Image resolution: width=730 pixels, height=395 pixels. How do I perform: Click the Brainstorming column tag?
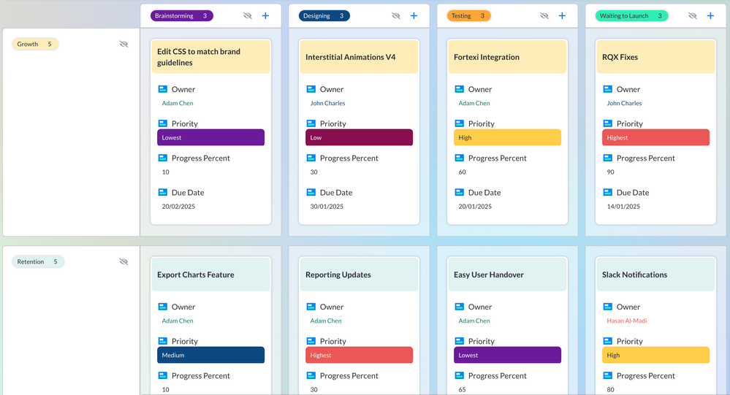point(181,15)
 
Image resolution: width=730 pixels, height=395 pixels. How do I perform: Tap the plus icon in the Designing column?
point(414,15)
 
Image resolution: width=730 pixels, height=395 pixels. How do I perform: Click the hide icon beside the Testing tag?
point(544,15)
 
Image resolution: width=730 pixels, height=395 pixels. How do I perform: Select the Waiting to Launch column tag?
point(631,15)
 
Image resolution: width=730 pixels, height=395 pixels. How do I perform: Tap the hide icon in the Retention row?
point(123,261)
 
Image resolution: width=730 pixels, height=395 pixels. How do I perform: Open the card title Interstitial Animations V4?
point(351,57)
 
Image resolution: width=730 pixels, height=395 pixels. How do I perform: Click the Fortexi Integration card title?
point(487,57)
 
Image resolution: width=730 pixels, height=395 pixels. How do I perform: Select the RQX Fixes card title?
point(620,57)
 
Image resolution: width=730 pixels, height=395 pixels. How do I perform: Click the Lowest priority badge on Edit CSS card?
point(210,137)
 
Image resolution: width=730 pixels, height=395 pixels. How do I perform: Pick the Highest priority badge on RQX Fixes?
point(655,137)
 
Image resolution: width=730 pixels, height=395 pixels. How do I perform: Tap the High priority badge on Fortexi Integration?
point(507,137)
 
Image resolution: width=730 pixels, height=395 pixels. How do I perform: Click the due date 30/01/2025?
point(327,207)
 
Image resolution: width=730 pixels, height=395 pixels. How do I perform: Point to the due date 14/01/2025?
point(623,207)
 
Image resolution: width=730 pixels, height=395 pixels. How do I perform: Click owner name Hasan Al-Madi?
point(626,321)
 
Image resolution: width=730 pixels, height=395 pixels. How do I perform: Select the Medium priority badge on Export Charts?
point(210,355)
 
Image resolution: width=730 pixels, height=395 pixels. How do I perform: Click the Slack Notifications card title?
point(634,275)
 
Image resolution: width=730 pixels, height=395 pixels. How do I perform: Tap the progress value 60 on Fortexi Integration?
point(462,172)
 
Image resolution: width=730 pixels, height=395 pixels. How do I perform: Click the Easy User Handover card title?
point(490,275)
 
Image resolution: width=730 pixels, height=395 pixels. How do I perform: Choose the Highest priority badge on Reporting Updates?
point(359,355)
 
